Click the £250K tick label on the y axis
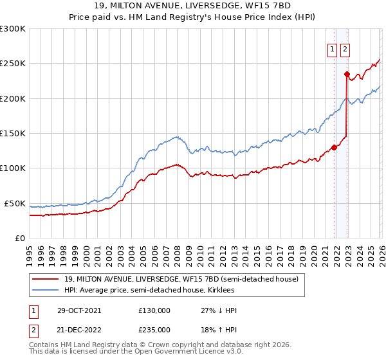pyautogui.click(x=13, y=64)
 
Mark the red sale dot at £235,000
pyautogui.click(x=347, y=74)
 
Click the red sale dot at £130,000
pyautogui.click(x=334, y=147)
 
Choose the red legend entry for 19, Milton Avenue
pyautogui.click(x=181, y=280)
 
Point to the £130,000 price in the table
pyautogui.click(x=154, y=310)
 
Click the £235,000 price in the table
pyautogui.click(x=154, y=330)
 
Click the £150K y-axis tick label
pyautogui.click(x=13, y=134)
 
